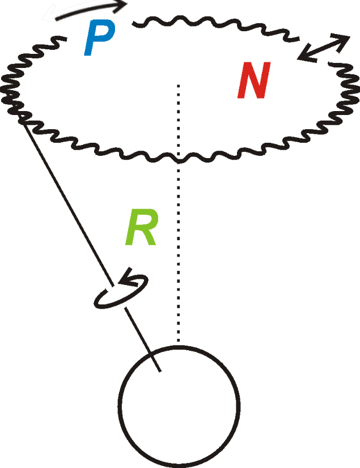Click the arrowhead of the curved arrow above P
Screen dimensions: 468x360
(x=121, y=6)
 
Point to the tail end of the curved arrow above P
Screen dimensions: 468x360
(x=56, y=18)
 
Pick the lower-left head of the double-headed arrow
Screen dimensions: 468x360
(x=303, y=57)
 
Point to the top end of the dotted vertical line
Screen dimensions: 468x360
(x=179, y=85)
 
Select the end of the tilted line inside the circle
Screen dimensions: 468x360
(x=161, y=372)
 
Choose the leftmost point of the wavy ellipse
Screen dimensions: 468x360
(x=5, y=85)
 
